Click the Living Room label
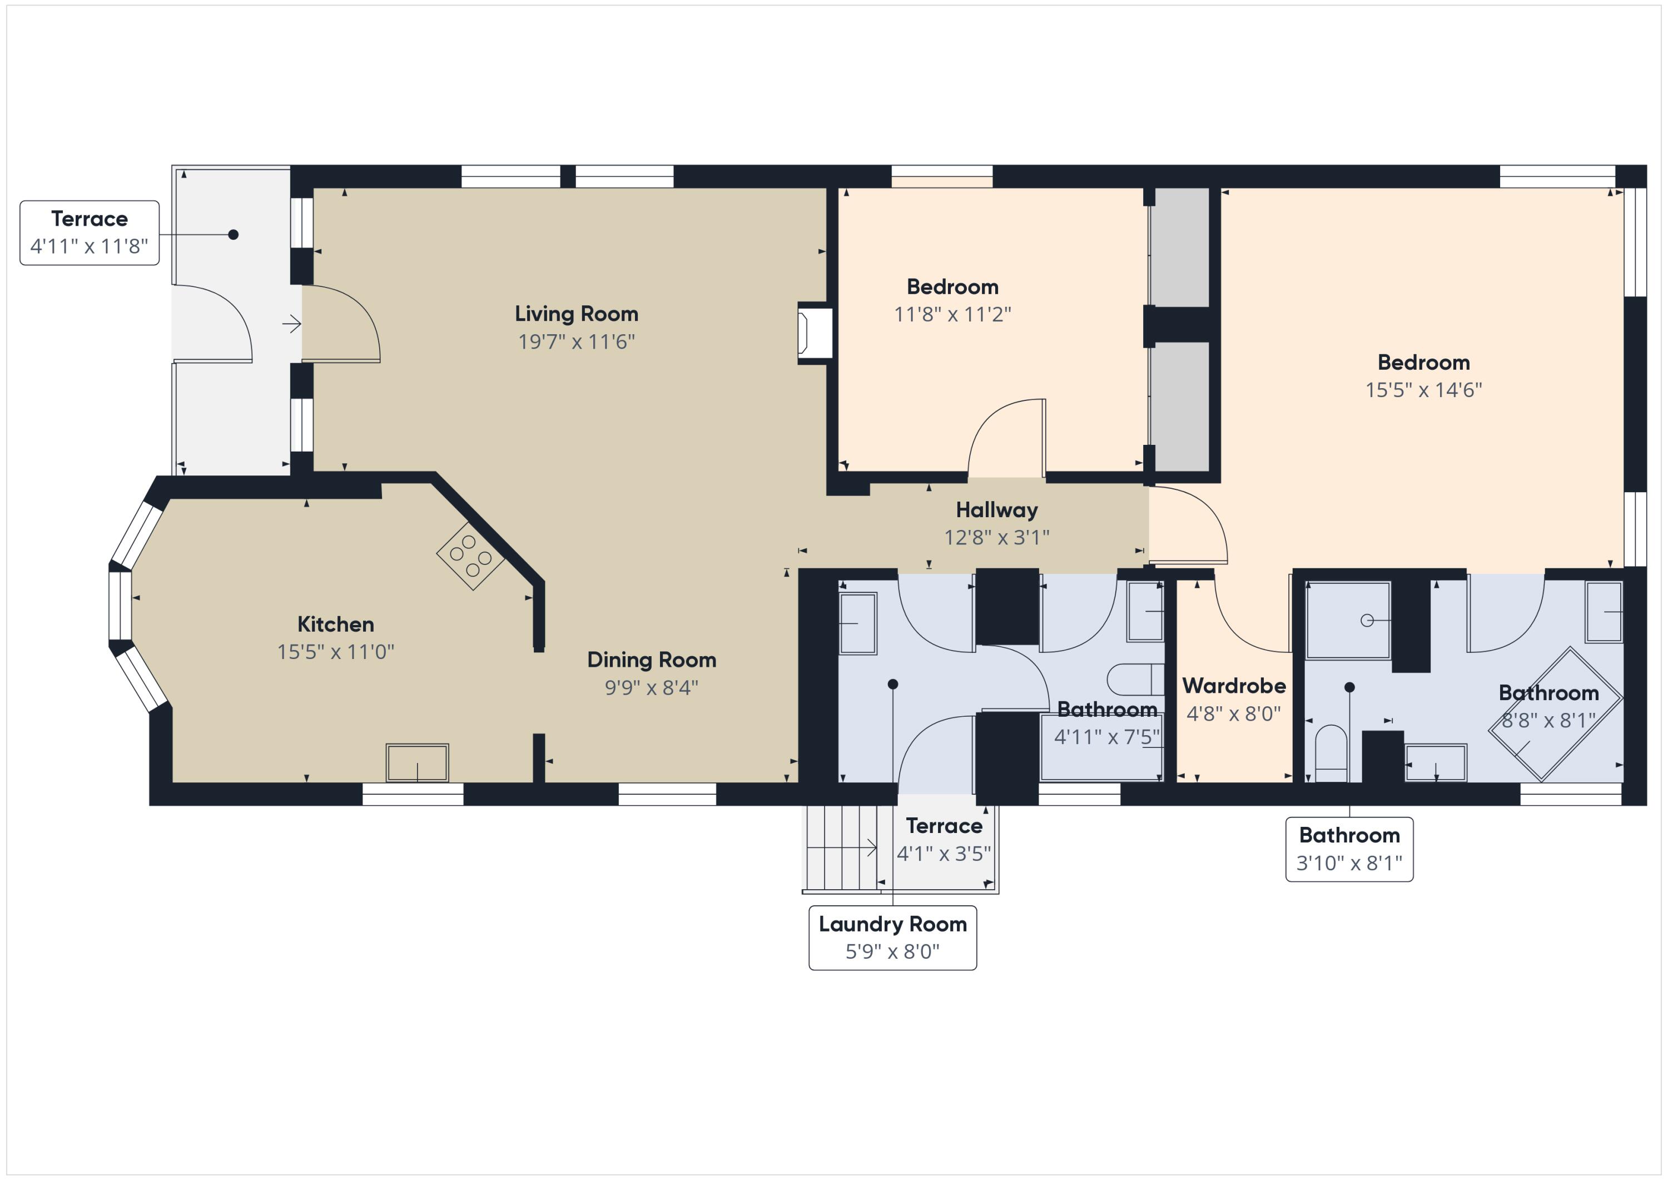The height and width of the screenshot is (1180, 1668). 576,314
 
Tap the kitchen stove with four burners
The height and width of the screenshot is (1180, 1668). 470,557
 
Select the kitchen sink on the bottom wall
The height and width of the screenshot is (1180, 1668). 417,763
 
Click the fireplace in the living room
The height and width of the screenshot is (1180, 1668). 815,334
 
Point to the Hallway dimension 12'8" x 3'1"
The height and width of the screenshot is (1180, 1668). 997,538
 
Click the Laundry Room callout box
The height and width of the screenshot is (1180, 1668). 892,938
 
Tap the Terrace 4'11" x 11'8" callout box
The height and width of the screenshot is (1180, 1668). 90,232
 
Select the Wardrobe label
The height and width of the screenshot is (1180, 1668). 1234,686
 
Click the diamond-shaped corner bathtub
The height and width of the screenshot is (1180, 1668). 1555,714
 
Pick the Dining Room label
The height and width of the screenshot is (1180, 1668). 652,660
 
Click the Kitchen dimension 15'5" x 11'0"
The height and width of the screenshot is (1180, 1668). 336,652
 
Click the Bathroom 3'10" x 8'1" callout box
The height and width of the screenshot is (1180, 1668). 1349,849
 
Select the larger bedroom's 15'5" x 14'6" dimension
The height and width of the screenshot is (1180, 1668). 1423,390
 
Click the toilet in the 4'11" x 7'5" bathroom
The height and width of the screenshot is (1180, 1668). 1135,680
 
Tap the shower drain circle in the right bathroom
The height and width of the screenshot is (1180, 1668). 1367,620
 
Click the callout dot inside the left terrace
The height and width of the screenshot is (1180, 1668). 233,235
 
